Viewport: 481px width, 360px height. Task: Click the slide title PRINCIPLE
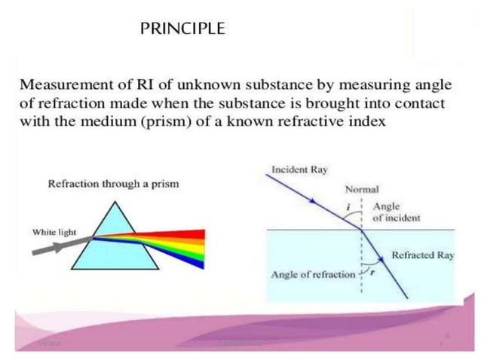tap(182, 29)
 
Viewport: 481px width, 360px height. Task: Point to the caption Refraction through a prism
tap(113, 185)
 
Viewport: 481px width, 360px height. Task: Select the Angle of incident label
tap(396, 212)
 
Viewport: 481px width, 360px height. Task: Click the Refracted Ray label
tap(422, 255)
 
